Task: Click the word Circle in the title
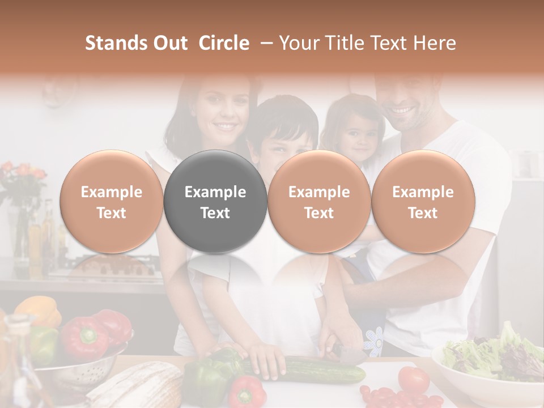pos(224,43)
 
